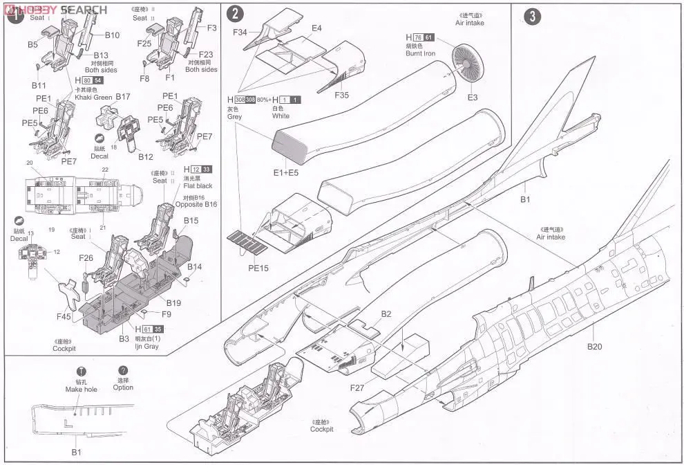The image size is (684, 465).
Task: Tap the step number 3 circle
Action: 532,16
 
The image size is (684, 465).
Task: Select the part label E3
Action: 473,98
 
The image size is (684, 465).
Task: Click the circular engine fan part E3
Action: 468,64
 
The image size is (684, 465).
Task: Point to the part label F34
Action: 241,32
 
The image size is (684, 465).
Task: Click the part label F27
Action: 357,388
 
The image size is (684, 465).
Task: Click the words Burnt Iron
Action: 420,53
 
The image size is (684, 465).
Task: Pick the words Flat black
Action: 199,185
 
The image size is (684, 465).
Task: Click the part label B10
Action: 112,35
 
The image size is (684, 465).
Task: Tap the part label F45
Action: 63,318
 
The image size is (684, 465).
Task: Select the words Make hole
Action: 82,389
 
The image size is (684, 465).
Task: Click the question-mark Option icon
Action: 124,370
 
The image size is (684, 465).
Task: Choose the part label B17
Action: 123,96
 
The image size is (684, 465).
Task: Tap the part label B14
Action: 194,267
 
